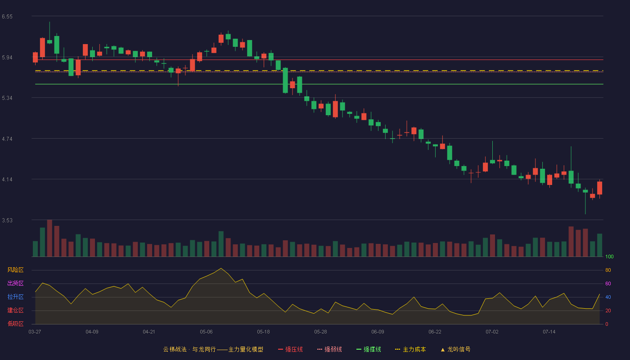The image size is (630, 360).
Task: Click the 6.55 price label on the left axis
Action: point(7,17)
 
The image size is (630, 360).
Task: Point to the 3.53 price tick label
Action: point(7,220)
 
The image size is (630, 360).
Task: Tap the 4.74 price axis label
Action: point(7,139)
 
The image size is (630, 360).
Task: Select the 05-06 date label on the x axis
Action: point(206,332)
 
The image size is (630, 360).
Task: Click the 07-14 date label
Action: point(549,332)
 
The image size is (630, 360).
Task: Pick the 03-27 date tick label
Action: point(35,332)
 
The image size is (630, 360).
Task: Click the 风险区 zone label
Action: point(15,270)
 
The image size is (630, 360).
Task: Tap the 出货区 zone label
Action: point(15,283)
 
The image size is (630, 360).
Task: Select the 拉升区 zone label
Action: point(15,297)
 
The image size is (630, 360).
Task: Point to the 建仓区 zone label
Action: point(15,310)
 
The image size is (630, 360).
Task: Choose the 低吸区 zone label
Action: point(15,324)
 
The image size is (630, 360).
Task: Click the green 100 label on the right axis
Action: point(609,256)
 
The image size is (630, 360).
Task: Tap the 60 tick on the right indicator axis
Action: point(608,283)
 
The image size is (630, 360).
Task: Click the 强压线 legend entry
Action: point(290,349)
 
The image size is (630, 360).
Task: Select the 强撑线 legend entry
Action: point(369,349)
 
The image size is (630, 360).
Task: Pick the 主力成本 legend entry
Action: point(410,349)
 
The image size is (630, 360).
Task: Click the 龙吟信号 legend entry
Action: point(455,349)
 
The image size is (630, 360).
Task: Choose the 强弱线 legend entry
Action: point(329,349)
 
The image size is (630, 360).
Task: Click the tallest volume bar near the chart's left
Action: point(50,238)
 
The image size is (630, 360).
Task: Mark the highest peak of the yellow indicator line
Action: point(221,268)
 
